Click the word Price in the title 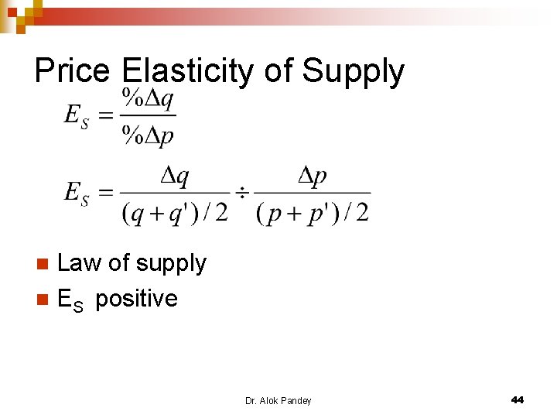click(x=72, y=71)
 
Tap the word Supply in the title click(x=353, y=71)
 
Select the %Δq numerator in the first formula click(x=149, y=98)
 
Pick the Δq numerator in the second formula click(x=174, y=176)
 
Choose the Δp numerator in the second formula click(x=312, y=176)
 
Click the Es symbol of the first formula click(x=76, y=117)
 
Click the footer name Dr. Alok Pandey click(x=278, y=400)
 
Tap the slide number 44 click(x=518, y=399)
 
